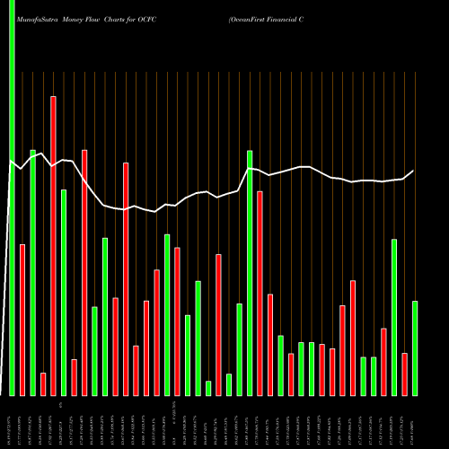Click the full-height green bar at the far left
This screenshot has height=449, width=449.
point(12,198)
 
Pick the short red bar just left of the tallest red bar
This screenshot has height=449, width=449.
point(43,383)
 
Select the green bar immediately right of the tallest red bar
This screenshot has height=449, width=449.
point(64,292)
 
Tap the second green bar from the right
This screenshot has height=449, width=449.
point(394,316)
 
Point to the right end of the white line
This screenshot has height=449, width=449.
point(414,171)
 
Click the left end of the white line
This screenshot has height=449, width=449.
point(9,162)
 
